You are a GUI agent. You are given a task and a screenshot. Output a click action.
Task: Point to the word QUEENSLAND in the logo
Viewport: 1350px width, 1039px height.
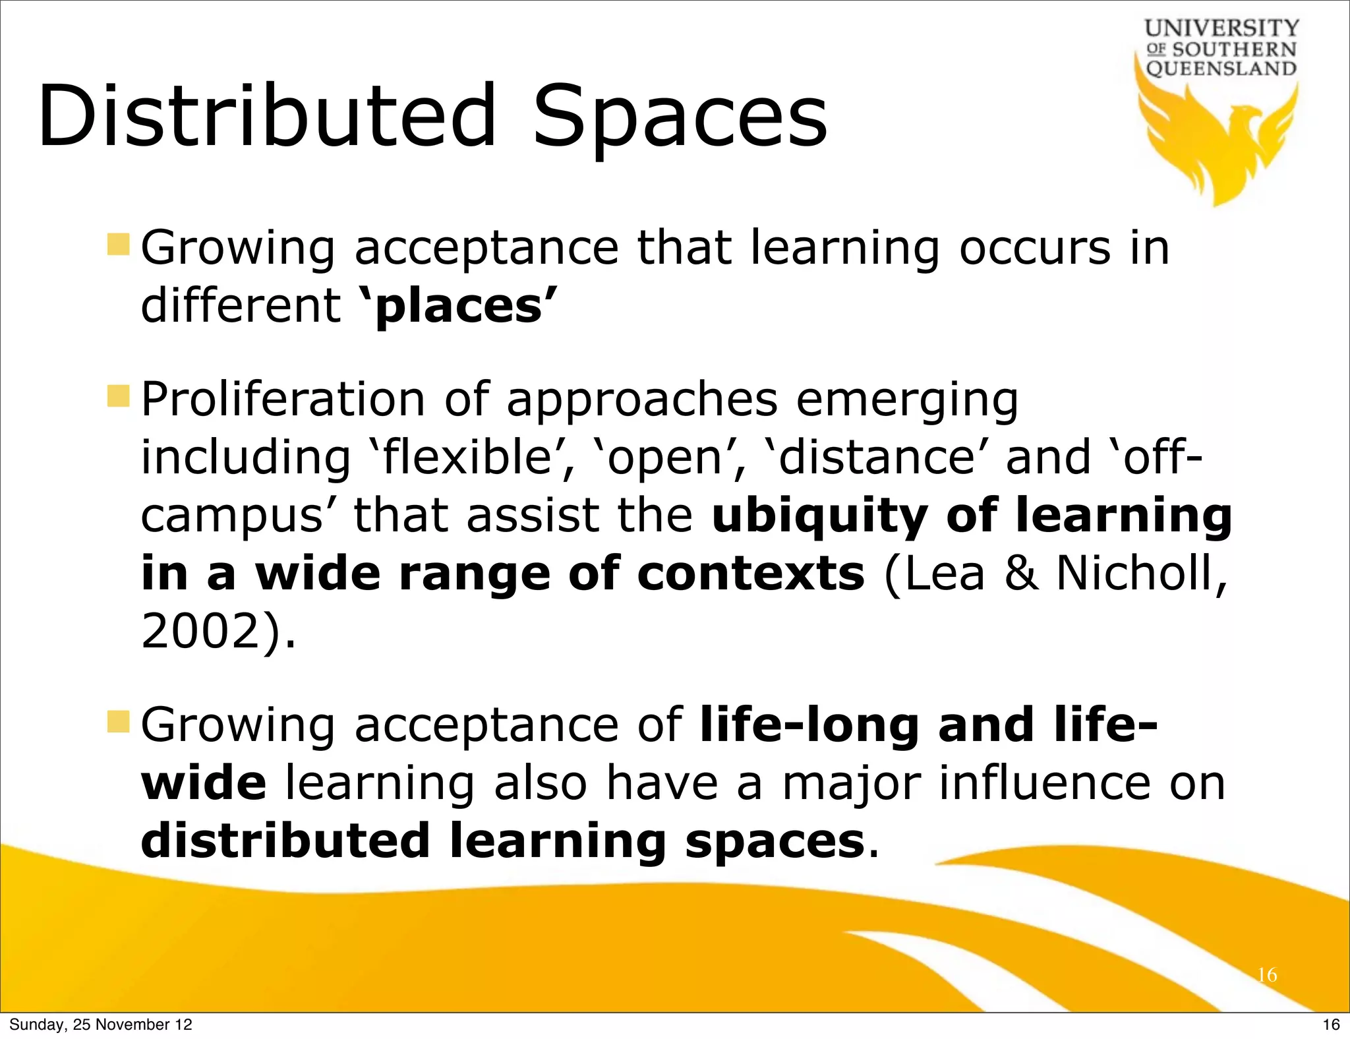pyautogui.click(x=1221, y=69)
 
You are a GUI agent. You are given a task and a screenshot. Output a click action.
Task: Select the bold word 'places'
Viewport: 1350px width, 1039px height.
pyautogui.click(x=459, y=306)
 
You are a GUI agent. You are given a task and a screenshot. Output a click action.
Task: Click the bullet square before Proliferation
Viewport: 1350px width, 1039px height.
pyautogui.click(x=119, y=396)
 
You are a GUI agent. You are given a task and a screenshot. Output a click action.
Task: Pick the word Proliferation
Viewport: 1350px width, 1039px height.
pyautogui.click(x=283, y=400)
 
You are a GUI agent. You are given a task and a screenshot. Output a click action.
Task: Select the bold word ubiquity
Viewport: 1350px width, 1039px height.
pyautogui.click(x=821, y=516)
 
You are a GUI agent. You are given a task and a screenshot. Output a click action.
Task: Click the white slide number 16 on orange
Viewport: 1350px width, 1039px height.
pyautogui.click(x=1267, y=975)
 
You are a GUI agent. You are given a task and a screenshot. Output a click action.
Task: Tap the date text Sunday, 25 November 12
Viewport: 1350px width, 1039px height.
pyautogui.click(x=101, y=1024)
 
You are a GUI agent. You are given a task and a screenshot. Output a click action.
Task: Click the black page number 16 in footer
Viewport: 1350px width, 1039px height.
pyautogui.click(x=1331, y=1024)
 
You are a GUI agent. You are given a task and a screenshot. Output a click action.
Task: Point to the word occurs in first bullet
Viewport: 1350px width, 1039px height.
pyautogui.click(x=1035, y=248)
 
